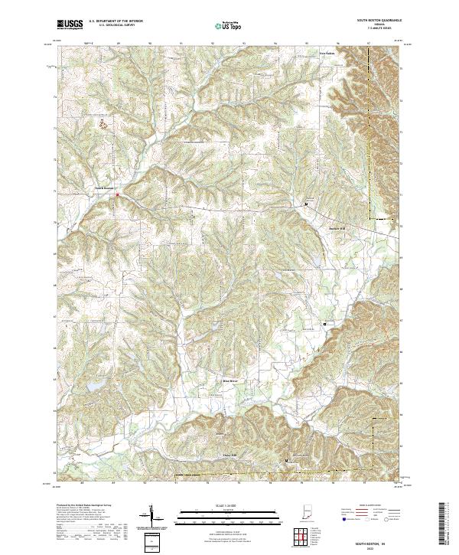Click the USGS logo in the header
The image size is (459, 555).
[70, 25]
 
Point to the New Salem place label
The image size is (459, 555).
[327, 54]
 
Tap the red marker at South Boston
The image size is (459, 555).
[117, 195]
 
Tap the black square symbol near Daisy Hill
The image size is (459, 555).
[287, 460]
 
